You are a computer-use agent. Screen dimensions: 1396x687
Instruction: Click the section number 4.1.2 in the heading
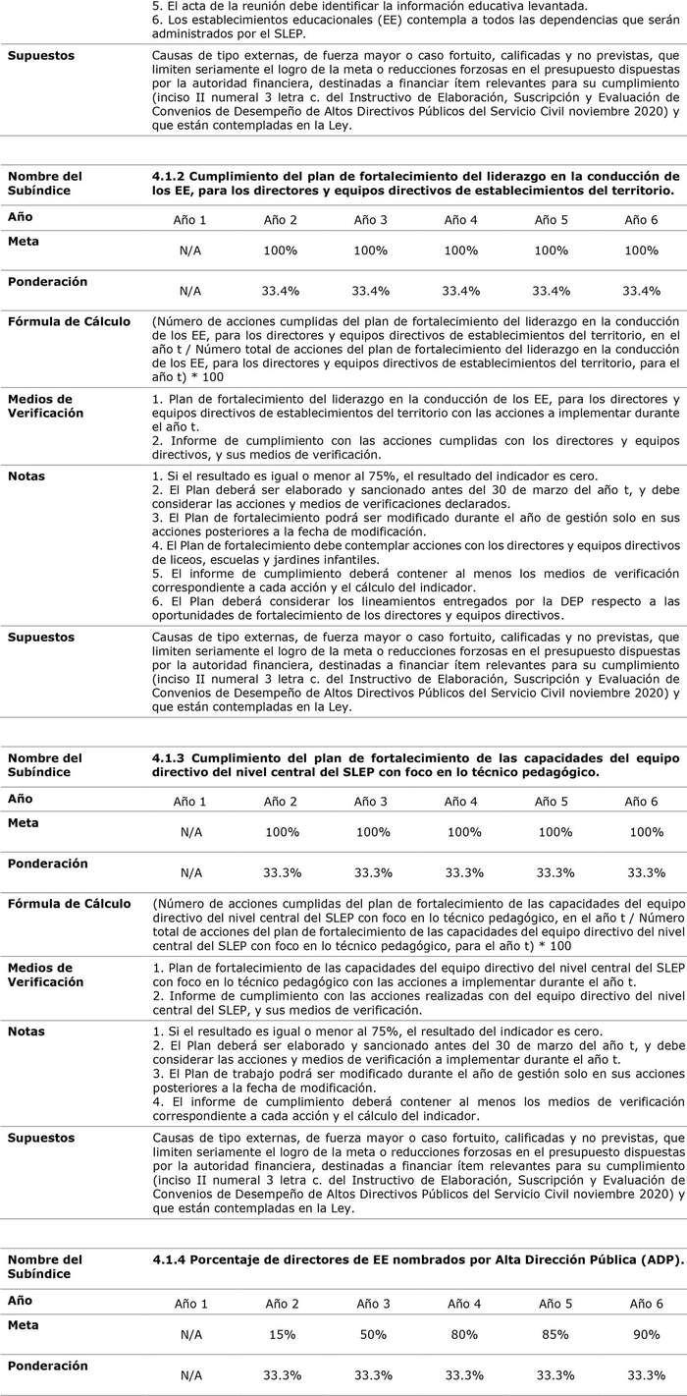(x=168, y=176)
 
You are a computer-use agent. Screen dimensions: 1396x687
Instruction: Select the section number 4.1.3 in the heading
(x=168, y=757)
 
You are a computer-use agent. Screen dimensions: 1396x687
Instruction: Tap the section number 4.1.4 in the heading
(x=169, y=1259)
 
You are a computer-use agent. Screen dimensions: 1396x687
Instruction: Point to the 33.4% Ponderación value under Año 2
(x=281, y=291)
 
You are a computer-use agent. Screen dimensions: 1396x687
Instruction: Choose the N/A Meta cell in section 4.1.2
(x=190, y=251)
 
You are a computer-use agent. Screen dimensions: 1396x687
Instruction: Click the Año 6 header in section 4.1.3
(x=644, y=802)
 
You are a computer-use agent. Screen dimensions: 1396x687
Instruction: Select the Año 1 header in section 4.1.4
(x=191, y=1304)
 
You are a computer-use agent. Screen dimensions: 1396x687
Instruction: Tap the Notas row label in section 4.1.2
(x=26, y=476)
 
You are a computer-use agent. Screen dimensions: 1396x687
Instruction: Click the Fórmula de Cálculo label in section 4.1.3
(x=69, y=903)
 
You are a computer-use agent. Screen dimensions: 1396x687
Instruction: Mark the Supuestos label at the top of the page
(x=41, y=55)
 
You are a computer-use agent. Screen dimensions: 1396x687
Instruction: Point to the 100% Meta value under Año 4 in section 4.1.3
(x=462, y=832)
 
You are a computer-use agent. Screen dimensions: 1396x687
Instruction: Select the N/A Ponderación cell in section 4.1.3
(x=190, y=872)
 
